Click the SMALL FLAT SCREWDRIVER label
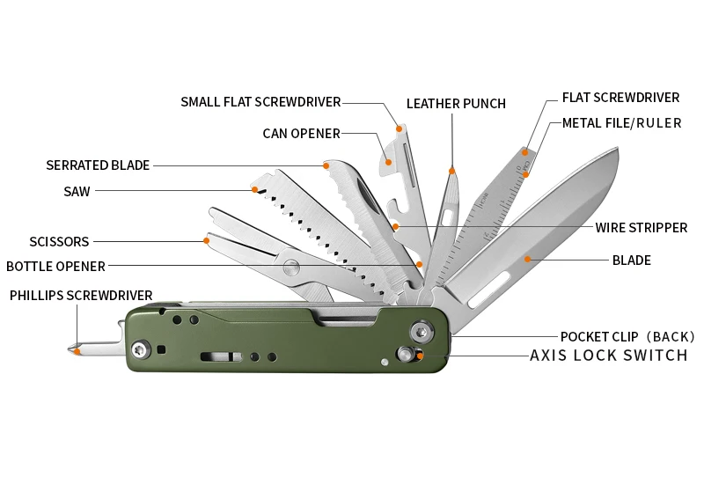click(x=260, y=102)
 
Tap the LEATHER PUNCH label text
click(x=456, y=104)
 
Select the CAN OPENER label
click(x=301, y=134)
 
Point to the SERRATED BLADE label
click(x=98, y=165)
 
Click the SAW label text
click(x=77, y=191)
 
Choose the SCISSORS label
click(x=59, y=241)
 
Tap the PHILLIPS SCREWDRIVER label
click(x=81, y=296)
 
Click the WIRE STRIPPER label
click(x=641, y=228)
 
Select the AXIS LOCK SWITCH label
click(x=608, y=356)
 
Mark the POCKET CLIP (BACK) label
click(x=627, y=336)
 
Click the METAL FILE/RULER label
click(x=621, y=123)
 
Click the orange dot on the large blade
click(x=528, y=259)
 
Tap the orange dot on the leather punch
click(x=452, y=171)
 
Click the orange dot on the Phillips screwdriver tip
click(x=77, y=352)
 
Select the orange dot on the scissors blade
click(x=207, y=239)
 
